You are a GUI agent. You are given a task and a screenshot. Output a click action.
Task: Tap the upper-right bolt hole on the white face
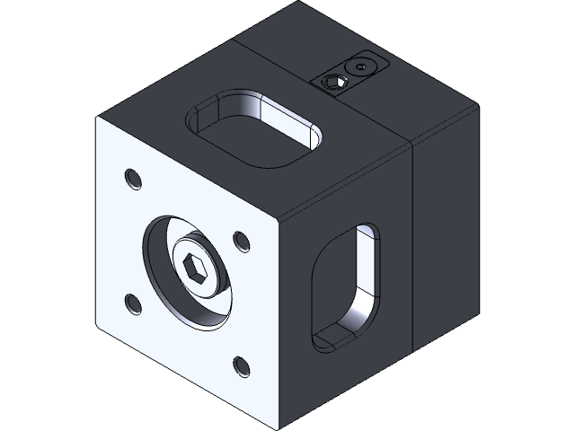point(241,241)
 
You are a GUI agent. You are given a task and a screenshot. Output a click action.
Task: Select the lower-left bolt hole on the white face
point(134,303)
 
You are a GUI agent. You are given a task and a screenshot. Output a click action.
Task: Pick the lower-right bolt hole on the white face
point(241,365)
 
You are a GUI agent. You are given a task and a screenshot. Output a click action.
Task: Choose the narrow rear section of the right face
point(444,224)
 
